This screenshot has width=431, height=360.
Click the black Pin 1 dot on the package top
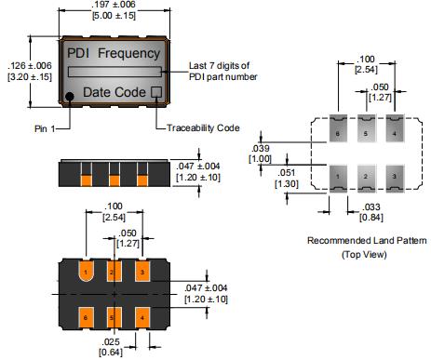pyautogui.click(x=70, y=97)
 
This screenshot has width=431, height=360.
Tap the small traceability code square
pyautogui.click(x=156, y=92)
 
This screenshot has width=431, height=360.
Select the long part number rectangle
pyautogui.click(x=114, y=72)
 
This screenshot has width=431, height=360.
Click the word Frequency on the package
pyautogui.click(x=128, y=53)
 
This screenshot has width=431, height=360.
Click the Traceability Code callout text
pyautogui.click(x=203, y=127)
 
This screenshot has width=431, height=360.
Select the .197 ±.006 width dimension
pyautogui.click(x=114, y=5)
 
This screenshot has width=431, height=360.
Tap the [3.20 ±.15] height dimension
pyautogui.click(x=30, y=76)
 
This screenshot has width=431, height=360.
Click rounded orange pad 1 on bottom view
pyautogui.click(x=87, y=272)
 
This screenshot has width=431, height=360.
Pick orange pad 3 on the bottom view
pyautogui.click(x=142, y=272)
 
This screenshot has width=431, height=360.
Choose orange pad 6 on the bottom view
pyautogui.click(x=86, y=317)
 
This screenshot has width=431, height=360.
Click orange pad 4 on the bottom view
pyautogui.click(x=142, y=317)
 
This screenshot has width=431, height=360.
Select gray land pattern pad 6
pyautogui.click(x=338, y=128)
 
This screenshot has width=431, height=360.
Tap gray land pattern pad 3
pyautogui.click(x=395, y=179)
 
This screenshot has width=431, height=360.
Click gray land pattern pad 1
pyautogui.click(x=338, y=179)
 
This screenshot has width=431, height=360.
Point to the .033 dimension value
pyautogui.click(x=371, y=207)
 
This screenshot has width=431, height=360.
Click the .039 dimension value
pyautogui.click(x=261, y=148)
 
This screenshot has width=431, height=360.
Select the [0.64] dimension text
pyautogui.click(x=111, y=353)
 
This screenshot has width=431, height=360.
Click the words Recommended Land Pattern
pyautogui.click(x=367, y=240)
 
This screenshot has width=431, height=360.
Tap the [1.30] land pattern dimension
pyautogui.click(x=287, y=183)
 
